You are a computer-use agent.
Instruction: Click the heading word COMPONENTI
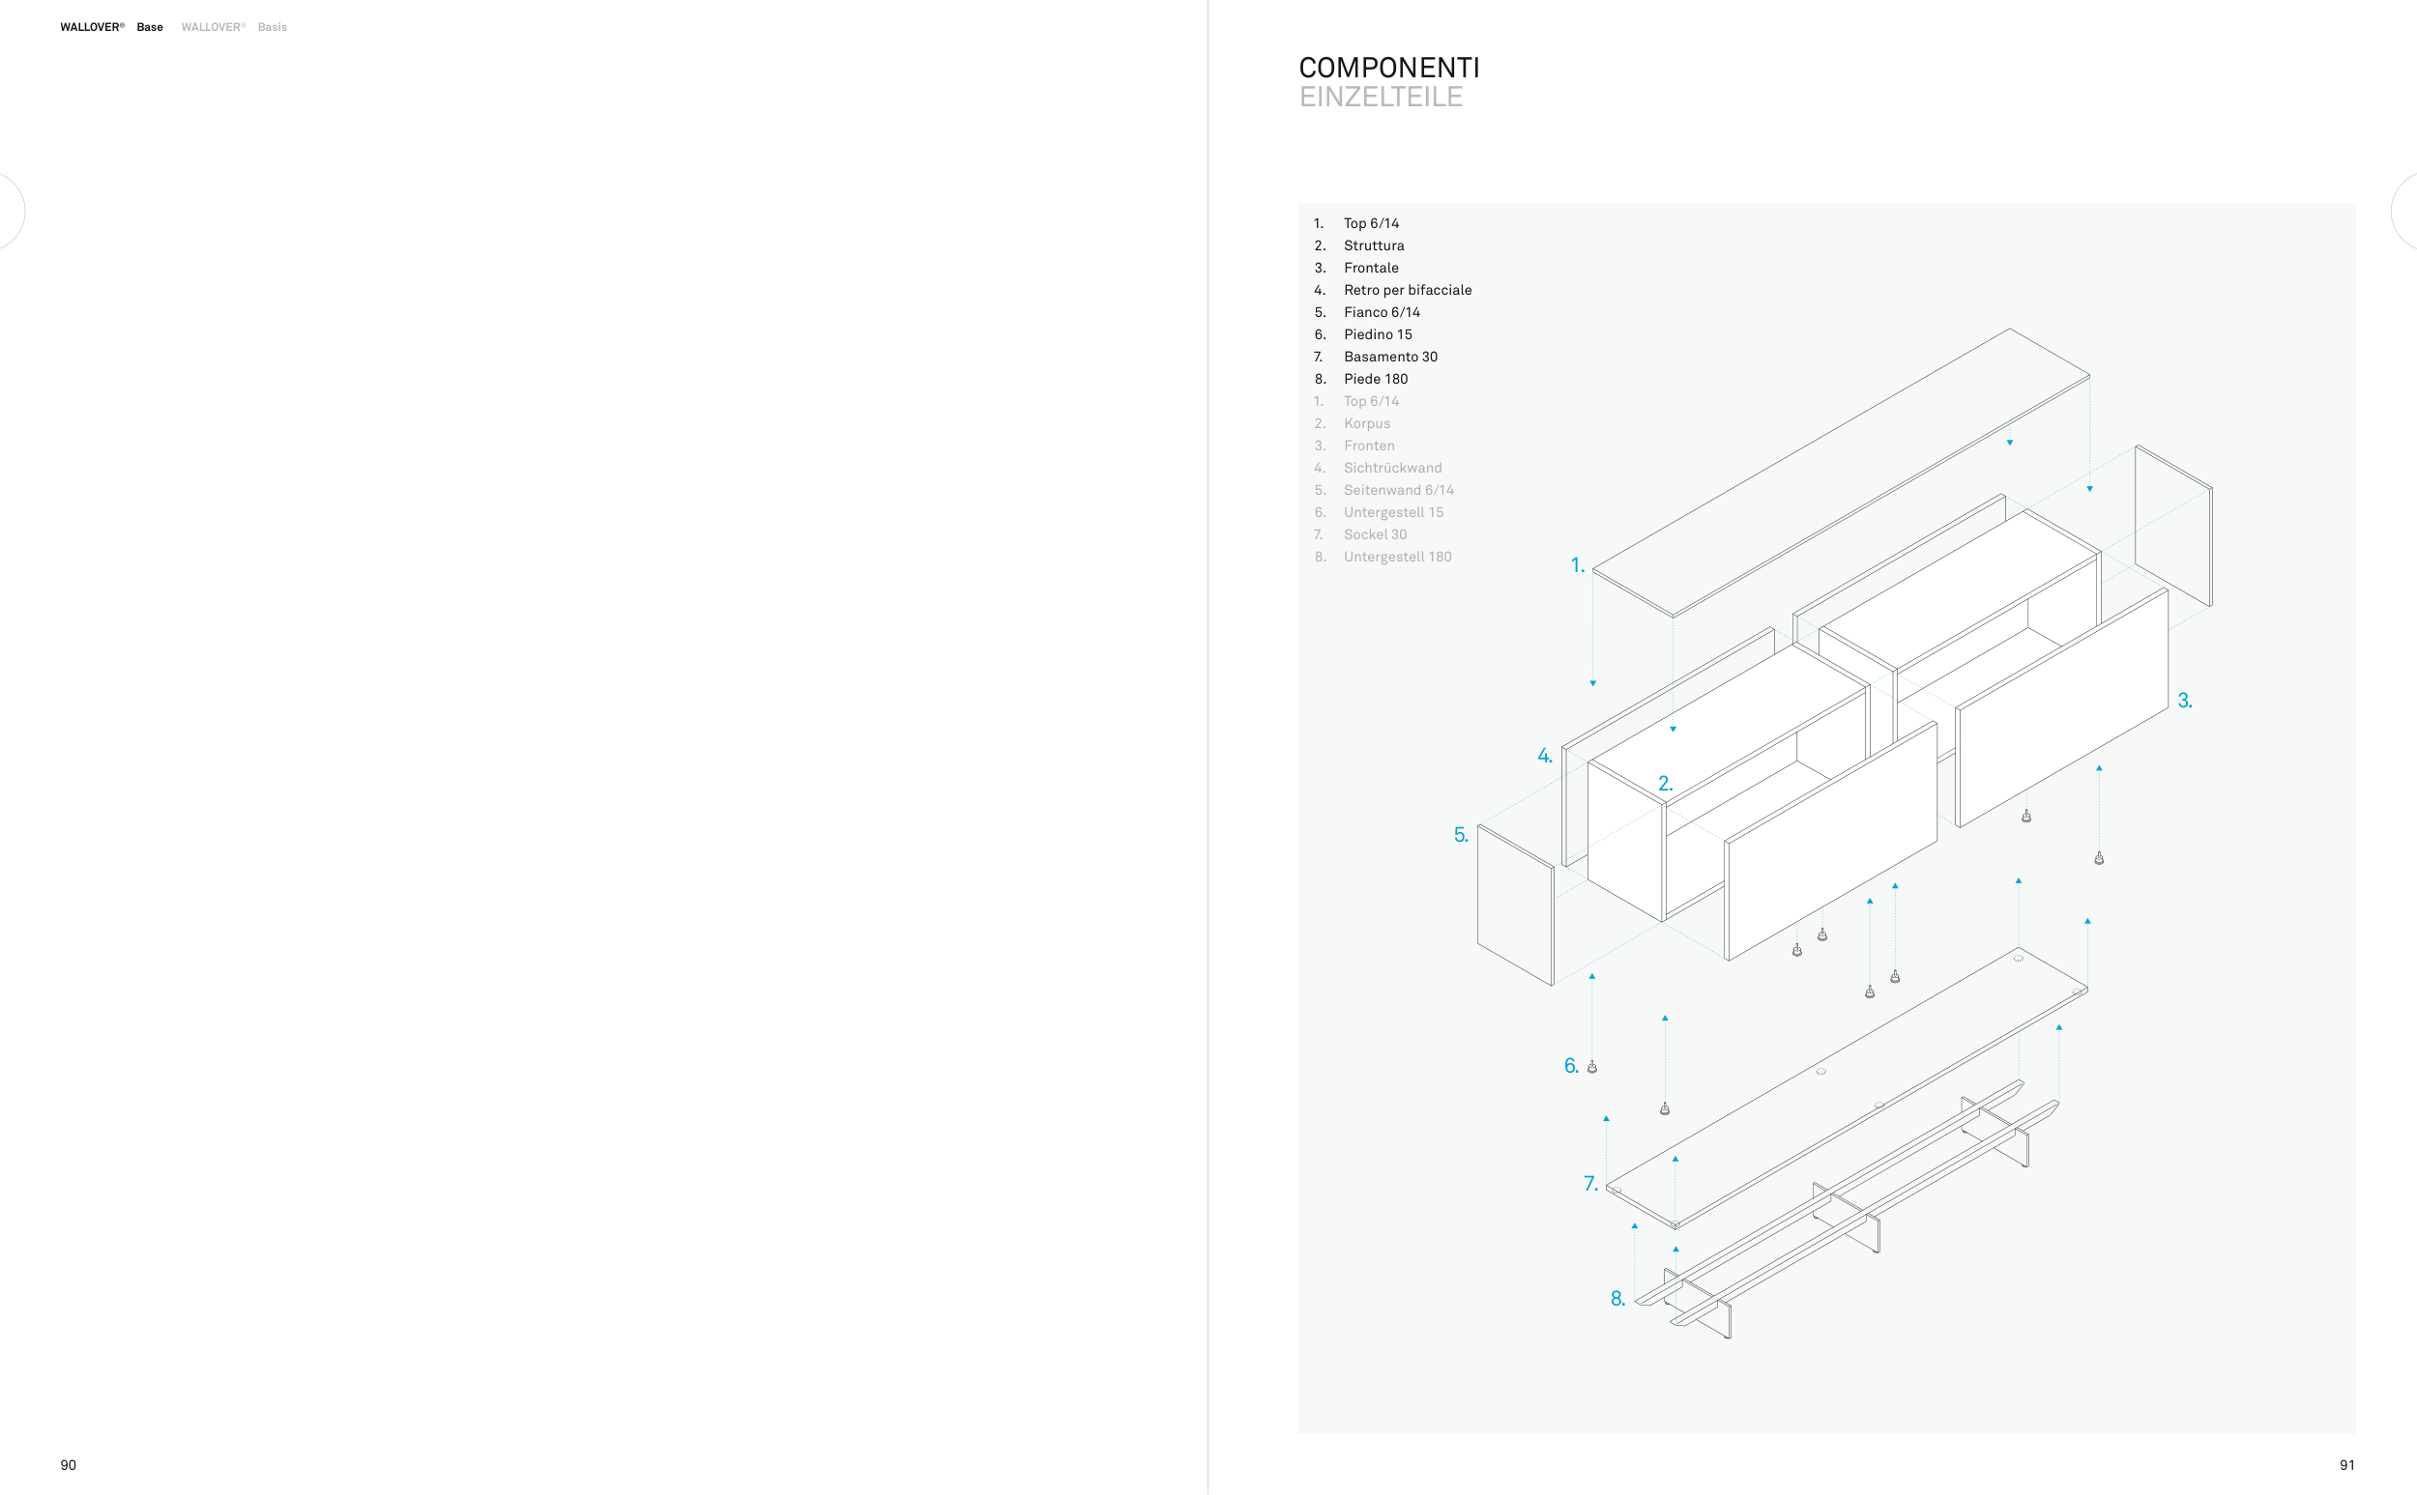coord(1388,69)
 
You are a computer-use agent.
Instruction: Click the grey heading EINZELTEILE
coord(1381,97)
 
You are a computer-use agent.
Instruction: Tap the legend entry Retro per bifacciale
coord(1407,290)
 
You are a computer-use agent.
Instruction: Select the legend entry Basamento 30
coord(1389,357)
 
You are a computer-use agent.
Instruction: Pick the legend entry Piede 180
coord(1375,379)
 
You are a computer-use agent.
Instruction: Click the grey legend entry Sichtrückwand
coord(1391,468)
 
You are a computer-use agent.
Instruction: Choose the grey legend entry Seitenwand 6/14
coord(1397,490)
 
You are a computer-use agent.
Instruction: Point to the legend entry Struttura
coord(1373,245)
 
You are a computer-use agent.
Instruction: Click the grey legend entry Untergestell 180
coord(1396,557)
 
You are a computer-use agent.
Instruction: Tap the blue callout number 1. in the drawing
coord(1578,565)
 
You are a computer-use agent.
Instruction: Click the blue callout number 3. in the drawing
coord(2185,701)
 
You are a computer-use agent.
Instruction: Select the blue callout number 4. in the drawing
coord(1545,757)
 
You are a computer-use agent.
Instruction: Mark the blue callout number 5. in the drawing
coord(1461,836)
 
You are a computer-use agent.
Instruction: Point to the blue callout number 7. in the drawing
coord(1590,1184)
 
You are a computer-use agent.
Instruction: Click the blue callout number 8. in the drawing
coord(1617,1299)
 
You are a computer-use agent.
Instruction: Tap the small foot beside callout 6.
coord(1592,1067)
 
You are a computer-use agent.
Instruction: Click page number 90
coord(69,1465)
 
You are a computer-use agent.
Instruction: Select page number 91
coord(2346,1465)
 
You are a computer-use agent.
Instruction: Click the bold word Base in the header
coord(149,28)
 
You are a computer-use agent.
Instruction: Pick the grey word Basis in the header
coord(272,28)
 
